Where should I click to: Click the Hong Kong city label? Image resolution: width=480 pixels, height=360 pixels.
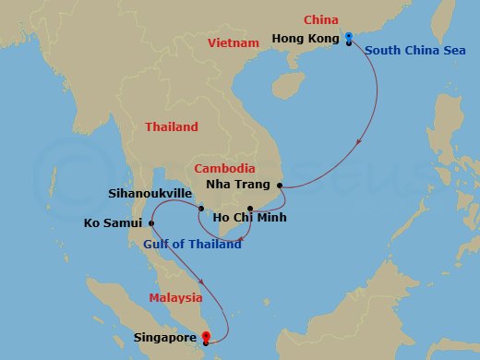(305, 39)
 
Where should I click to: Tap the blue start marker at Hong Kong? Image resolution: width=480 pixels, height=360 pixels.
(348, 37)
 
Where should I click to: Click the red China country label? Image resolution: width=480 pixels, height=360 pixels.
(321, 20)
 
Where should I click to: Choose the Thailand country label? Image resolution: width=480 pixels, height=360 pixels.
(172, 127)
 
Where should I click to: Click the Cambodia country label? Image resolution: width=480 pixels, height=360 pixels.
(225, 169)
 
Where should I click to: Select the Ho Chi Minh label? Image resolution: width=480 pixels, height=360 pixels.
(249, 219)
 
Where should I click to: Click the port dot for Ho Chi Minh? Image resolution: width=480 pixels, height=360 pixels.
(250, 208)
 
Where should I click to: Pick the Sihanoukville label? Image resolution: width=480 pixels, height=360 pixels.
(150, 194)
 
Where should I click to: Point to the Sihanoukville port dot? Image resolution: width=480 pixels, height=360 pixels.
(200, 209)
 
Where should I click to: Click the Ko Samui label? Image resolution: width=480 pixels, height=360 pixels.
(113, 223)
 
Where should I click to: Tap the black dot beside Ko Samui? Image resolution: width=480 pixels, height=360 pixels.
(150, 222)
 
